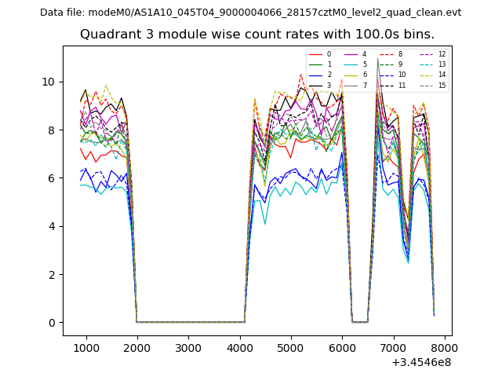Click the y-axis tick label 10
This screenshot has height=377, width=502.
pyautogui.click(x=49, y=82)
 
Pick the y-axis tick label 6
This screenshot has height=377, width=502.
pyautogui.click(x=52, y=178)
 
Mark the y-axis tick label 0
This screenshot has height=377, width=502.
pyautogui.click(x=52, y=323)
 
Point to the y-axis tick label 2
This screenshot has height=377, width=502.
pyautogui.click(x=52, y=275)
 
